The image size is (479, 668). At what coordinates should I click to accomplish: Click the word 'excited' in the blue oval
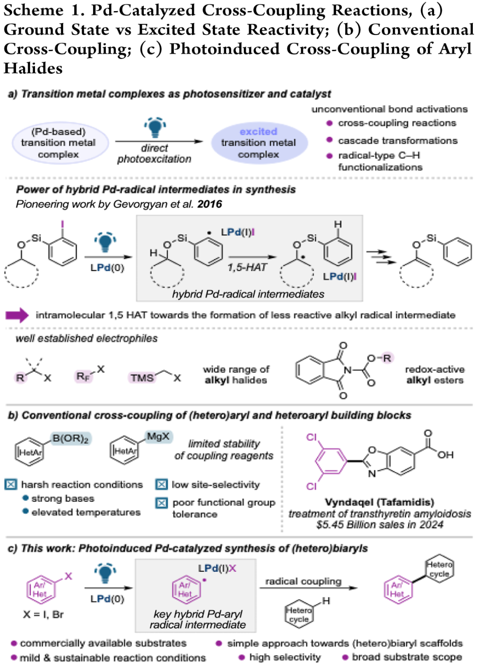pyautogui.click(x=258, y=132)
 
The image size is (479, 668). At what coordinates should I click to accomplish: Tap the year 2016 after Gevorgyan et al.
pyautogui.click(x=210, y=204)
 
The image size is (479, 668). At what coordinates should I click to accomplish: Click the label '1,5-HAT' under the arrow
pyautogui.click(x=247, y=267)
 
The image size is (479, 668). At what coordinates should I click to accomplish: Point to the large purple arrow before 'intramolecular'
pyautogui.click(x=17, y=315)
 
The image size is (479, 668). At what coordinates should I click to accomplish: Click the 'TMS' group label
pyautogui.click(x=142, y=378)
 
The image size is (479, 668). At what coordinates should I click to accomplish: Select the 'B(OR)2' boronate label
pyautogui.click(x=71, y=439)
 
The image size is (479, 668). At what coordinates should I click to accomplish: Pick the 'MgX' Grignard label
pyautogui.click(x=158, y=437)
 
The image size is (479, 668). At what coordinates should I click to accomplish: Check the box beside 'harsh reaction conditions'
pyautogui.click(x=11, y=484)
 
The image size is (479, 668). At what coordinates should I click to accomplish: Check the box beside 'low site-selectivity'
pyautogui.click(x=161, y=484)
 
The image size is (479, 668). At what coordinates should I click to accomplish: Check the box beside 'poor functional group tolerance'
pyautogui.click(x=161, y=503)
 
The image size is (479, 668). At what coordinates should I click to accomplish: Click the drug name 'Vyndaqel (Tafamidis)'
pyautogui.click(x=379, y=502)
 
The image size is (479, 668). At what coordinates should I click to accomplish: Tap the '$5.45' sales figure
pyautogui.click(x=327, y=525)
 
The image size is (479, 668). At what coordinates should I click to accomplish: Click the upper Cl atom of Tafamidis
pyautogui.click(x=311, y=437)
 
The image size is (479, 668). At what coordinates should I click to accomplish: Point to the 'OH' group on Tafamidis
pyautogui.click(x=445, y=455)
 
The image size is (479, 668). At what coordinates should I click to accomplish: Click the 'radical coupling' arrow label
pyautogui.click(x=303, y=581)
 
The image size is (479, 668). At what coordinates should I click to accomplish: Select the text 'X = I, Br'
pyautogui.click(x=43, y=615)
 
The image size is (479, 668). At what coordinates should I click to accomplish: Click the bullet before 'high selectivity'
pyautogui.click(x=242, y=657)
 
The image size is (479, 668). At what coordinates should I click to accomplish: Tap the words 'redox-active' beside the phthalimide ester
pyautogui.click(x=435, y=369)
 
